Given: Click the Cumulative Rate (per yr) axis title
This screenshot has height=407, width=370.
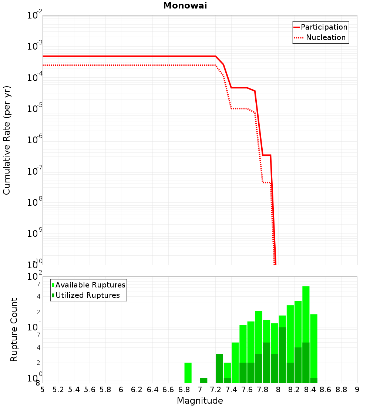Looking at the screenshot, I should pyautogui.click(x=7, y=140).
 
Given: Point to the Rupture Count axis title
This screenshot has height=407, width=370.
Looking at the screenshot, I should pyautogui.click(x=14, y=329).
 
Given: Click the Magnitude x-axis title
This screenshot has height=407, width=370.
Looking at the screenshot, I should pyautogui.click(x=200, y=401).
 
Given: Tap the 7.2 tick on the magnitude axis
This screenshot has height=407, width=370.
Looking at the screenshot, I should pyautogui.click(x=216, y=390).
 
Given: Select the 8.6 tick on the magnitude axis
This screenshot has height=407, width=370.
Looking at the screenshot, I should pyautogui.click(x=326, y=390).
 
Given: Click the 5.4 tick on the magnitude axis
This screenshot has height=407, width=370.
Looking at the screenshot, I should pyautogui.click(x=74, y=390).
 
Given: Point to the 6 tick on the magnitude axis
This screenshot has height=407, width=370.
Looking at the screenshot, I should pyautogui.click(x=121, y=390).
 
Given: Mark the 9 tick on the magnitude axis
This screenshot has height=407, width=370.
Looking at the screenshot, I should pyautogui.click(x=357, y=390).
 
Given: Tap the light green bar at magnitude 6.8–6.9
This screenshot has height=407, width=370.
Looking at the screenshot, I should pyautogui.click(x=188, y=373).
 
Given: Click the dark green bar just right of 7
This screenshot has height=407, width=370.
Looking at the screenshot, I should pyautogui.click(x=203, y=380).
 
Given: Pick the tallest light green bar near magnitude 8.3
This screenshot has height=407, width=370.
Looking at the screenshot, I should pyautogui.click(x=306, y=314).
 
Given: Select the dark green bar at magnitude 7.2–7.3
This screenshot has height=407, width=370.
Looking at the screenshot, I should pyautogui.click(x=219, y=368).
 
